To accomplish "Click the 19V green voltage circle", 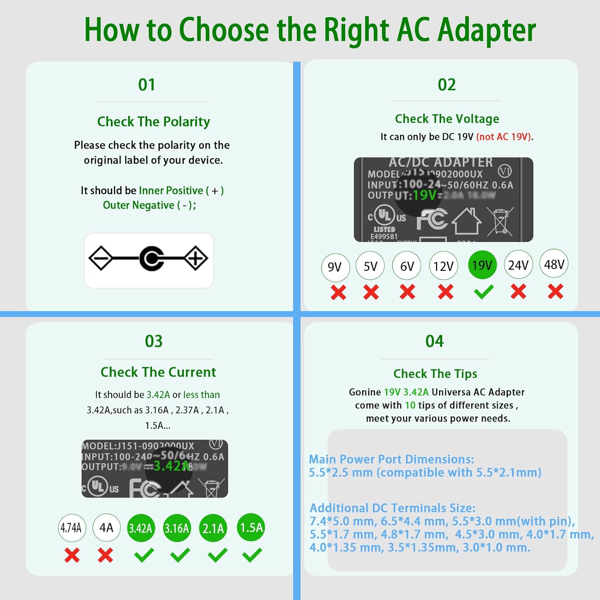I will pyautogui.click(x=482, y=265).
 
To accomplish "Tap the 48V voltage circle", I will pyautogui.click(x=554, y=264).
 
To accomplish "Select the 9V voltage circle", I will pyautogui.click(x=335, y=267).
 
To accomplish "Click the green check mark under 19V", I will pyautogui.click(x=484, y=292).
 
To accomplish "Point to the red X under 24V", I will pyautogui.click(x=518, y=292).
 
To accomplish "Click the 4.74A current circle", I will pyautogui.click(x=71, y=528).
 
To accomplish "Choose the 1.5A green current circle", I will pyautogui.click(x=251, y=527).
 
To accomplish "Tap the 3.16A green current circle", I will pyautogui.click(x=177, y=528).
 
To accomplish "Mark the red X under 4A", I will pyautogui.click(x=106, y=555).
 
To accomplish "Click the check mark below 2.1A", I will pyautogui.click(x=218, y=555).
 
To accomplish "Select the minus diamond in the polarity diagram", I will pyautogui.click(x=101, y=258).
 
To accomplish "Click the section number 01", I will pyautogui.click(x=147, y=85).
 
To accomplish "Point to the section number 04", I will pyautogui.click(x=435, y=341).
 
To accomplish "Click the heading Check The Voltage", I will pyautogui.click(x=447, y=119).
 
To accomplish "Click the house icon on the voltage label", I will pyautogui.click(x=466, y=222).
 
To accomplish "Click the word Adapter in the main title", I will pyautogui.click(x=487, y=30).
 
